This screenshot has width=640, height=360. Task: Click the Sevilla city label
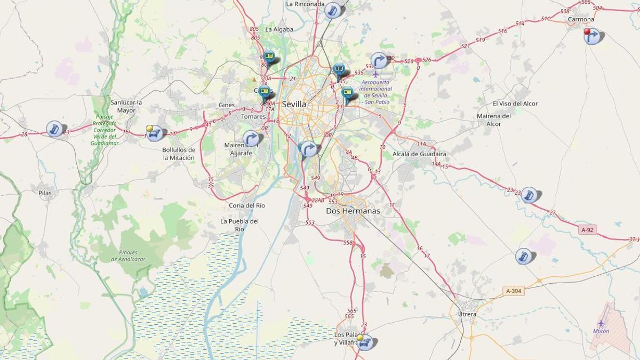[x=294, y=104]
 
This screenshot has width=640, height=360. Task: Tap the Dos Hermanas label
[x=353, y=211]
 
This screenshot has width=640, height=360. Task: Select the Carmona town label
[x=581, y=19]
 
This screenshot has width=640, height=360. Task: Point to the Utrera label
[x=467, y=314]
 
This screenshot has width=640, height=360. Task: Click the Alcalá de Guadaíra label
[x=419, y=154]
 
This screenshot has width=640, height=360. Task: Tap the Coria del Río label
[x=247, y=205]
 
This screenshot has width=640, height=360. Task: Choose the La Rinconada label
[x=305, y=4]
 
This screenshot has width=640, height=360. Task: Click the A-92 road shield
[x=587, y=230]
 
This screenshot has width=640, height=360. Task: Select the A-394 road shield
[x=514, y=291]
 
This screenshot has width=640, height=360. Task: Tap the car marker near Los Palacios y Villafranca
[x=365, y=342]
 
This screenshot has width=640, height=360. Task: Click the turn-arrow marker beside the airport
[x=379, y=60]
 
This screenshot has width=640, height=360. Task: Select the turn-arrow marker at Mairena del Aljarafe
[x=251, y=139]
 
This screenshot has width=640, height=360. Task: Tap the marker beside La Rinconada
[x=333, y=10]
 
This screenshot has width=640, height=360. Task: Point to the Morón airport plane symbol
[x=601, y=323]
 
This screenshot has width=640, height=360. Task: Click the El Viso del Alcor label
[x=515, y=103]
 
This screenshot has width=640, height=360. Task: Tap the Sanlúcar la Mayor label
[x=126, y=106]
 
